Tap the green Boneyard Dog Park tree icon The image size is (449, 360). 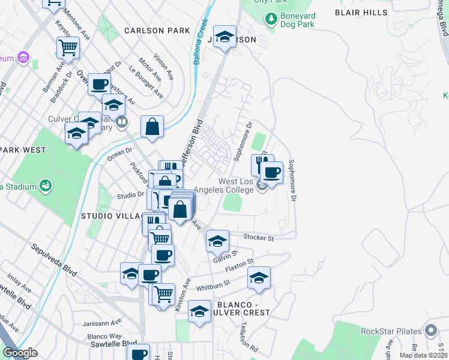[x=271, y=19]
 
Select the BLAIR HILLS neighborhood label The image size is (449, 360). [x=360, y=12]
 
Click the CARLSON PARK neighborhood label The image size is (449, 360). [x=157, y=31]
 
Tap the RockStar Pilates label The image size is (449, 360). [x=389, y=331]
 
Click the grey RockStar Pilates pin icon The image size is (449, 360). [x=430, y=331]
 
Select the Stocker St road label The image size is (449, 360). [x=259, y=238]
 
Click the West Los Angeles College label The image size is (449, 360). [x=236, y=185]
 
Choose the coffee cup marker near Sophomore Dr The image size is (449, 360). [x=272, y=173]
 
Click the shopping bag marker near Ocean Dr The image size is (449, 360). [x=152, y=127]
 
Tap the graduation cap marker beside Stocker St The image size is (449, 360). [x=217, y=241]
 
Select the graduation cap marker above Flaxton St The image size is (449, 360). [x=259, y=278]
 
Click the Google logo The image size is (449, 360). [x=20, y=353]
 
